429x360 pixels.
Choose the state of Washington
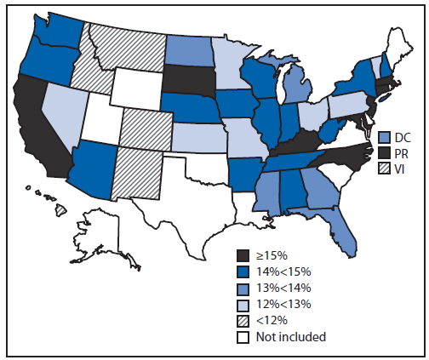click(x=58, y=34)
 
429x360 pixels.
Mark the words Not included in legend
click(x=295, y=336)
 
